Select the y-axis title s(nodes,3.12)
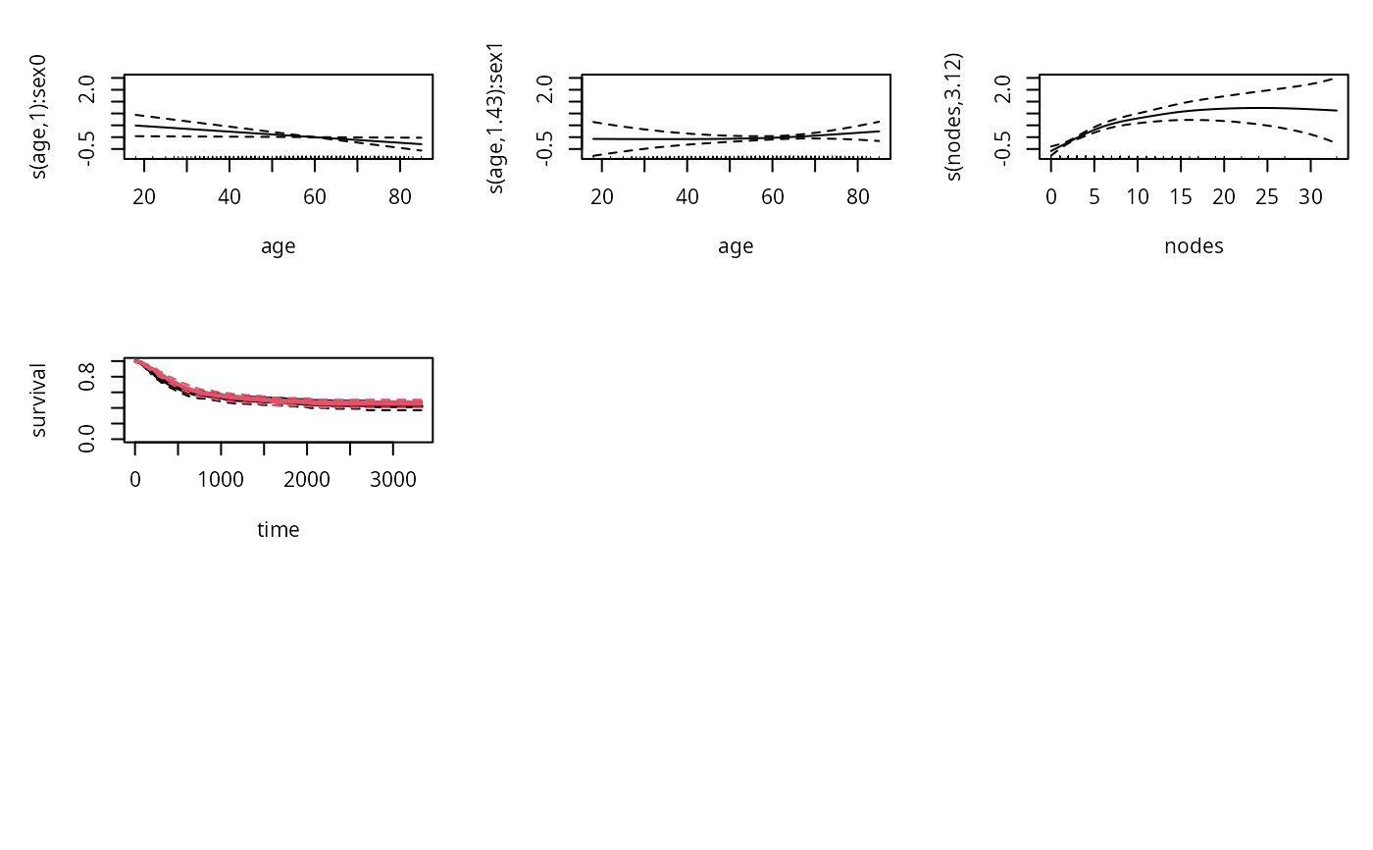tap(955, 116)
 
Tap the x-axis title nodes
tap(1194, 246)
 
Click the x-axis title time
tap(279, 530)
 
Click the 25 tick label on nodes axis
tap(1267, 196)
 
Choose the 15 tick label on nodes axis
tap(1181, 196)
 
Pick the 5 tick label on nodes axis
tap(1094, 196)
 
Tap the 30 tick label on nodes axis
tap(1310, 196)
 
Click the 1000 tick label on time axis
tap(221, 479)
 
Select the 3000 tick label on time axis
tap(393, 479)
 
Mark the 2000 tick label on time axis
tap(307, 479)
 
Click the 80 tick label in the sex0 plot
tap(400, 196)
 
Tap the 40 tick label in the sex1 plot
tap(686, 196)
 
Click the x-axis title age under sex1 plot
tap(736, 246)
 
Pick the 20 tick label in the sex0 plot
tap(144, 196)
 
